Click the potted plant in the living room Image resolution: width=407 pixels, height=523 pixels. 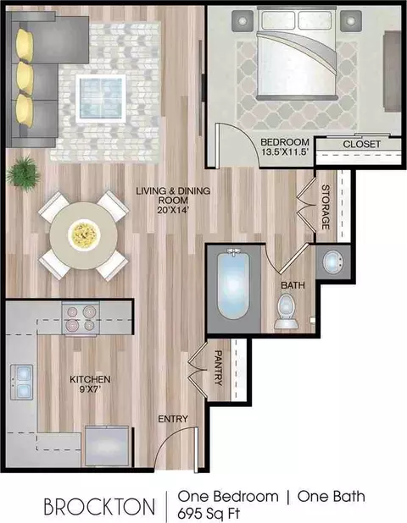pyautogui.click(x=23, y=173)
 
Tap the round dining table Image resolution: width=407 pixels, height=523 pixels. pyautogui.click(x=84, y=236)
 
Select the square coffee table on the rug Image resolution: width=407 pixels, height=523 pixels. pyautogui.click(x=101, y=98)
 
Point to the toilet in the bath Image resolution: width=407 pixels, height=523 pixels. pyautogui.click(x=286, y=311)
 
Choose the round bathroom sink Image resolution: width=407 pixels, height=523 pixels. pyautogui.click(x=332, y=262)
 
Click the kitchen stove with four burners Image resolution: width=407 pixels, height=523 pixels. pyautogui.click(x=81, y=318)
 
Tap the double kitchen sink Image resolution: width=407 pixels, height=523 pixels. pyautogui.click(x=22, y=382)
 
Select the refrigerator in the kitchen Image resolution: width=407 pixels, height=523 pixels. pyautogui.click(x=107, y=446)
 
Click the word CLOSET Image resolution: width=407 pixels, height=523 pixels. pyautogui.click(x=361, y=145)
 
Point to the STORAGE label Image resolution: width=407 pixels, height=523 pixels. pyautogui.click(x=326, y=207)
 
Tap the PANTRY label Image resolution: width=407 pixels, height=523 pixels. pyautogui.click(x=218, y=367)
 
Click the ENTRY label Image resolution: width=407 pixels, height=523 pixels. pyautogui.click(x=173, y=419)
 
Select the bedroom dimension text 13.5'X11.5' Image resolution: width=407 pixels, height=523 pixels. pyautogui.click(x=284, y=151)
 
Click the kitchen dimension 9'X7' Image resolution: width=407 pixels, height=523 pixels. pyautogui.click(x=90, y=388)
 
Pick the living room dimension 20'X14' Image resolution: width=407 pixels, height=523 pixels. pyautogui.click(x=174, y=210)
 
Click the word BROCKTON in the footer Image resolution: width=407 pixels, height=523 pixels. pyautogui.click(x=99, y=506)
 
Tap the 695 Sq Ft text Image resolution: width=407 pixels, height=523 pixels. pyautogui.click(x=209, y=513)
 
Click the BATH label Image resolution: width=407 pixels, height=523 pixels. pyautogui.click(x=293, y=285)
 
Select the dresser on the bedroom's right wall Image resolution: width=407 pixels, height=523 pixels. pyautogui.click(x=392, y=71)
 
